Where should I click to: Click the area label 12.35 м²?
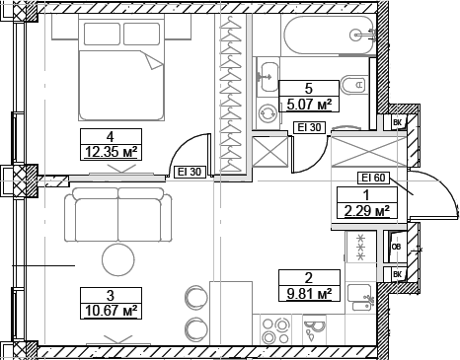point(110,151)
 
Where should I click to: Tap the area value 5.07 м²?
point(308,102)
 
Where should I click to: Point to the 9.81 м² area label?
point(307,292)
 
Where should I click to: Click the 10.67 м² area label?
point(110,311)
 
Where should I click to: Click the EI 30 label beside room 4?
point(189,172)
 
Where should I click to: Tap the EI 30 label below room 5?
point(308,126)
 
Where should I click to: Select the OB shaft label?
point(396,247)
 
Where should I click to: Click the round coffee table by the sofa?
point(119,261)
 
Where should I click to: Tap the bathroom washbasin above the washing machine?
point(268,73)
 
